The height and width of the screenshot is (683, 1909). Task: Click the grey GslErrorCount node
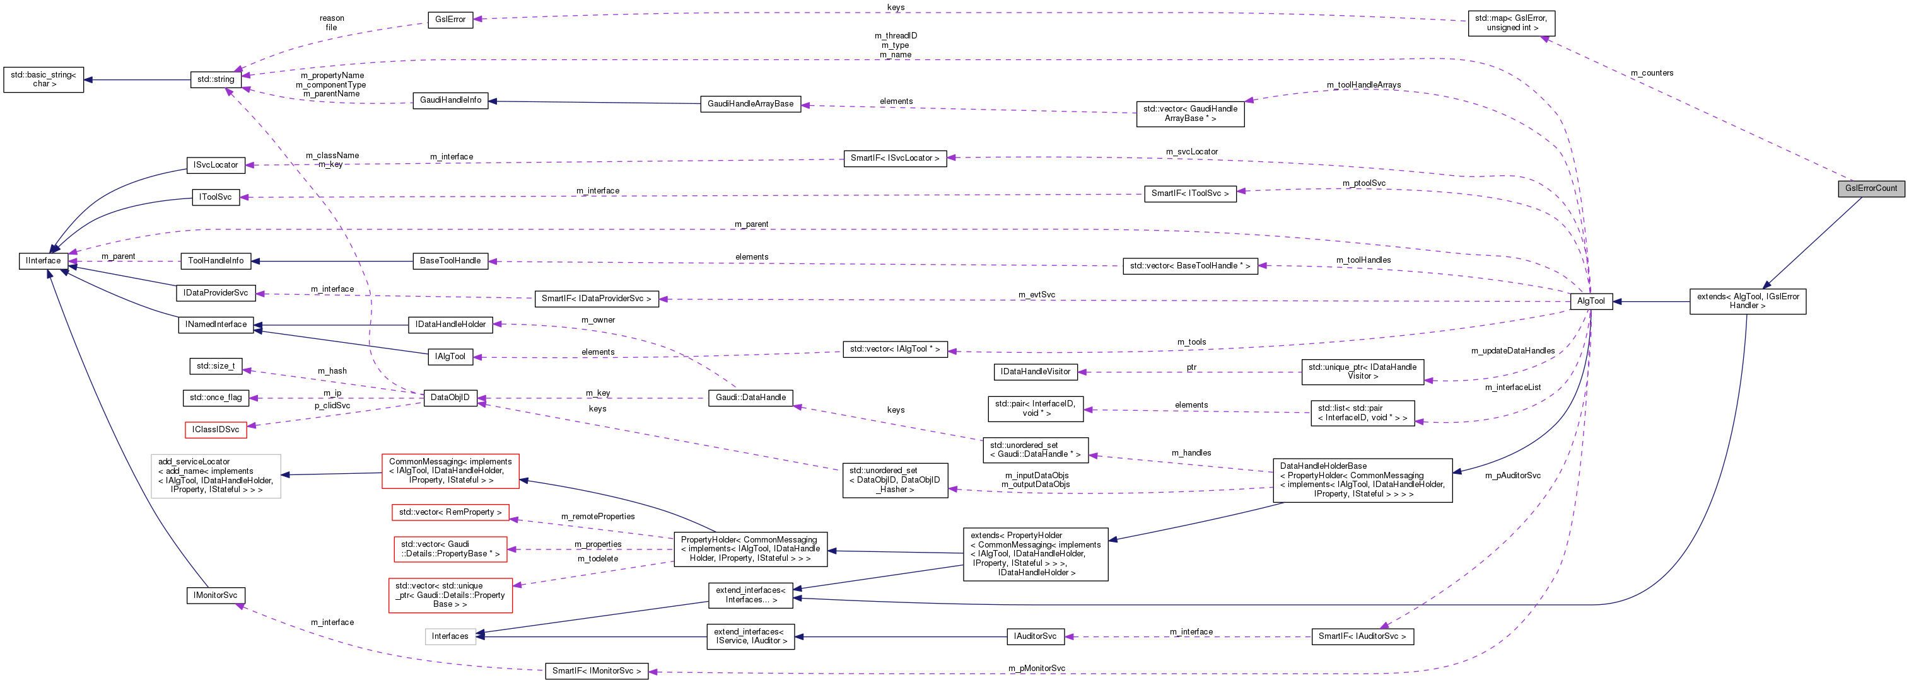(1871, 188)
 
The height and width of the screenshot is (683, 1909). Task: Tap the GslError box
(450, 20)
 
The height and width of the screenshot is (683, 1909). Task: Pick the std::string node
(216, 79)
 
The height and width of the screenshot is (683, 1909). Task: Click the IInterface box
(43, 261)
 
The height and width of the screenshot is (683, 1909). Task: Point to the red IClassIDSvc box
(216, 430)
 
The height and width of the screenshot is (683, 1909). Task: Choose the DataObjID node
(450, 398)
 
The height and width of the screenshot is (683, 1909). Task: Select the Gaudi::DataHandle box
(750, 398)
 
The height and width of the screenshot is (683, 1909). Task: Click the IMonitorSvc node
(215, 595)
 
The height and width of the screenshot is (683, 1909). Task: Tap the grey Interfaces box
(450, 636)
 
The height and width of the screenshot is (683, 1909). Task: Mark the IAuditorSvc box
(1036, 636)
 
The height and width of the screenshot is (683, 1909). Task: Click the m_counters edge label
(1652, 72)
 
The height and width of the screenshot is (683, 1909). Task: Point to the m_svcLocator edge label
(1192, 152)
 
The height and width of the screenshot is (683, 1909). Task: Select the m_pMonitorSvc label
(1036, 668)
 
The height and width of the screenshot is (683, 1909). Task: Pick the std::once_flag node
(215, 398)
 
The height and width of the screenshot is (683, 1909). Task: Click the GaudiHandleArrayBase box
(750, 104)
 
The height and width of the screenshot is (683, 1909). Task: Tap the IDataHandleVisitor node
(1036, 372)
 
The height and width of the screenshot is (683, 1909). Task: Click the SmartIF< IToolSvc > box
(1189, 193)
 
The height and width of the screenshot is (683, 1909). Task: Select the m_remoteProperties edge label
(597, 516)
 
